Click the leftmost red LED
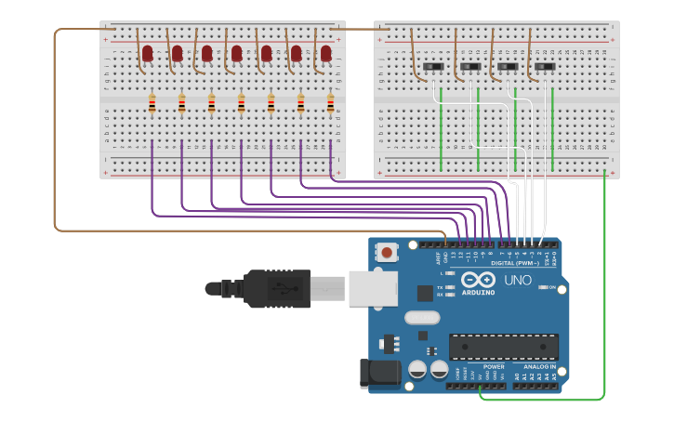[x=147, y=54]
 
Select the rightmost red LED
[x=325, y=54]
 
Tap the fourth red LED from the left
[x=236, y=54]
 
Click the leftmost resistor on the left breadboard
[x=152, y=105]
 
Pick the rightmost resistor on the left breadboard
[x=330, y=105]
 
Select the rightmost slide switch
[x=545, y=67]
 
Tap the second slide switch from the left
[x=470, y=67]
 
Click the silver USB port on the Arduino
[x=373, y=288]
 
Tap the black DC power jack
[x=380, y=375]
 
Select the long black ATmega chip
[x=504, y=347]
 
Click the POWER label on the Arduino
[x=494, y=366]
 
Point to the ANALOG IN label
[x=539, y=366]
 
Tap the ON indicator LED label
[x=552, y=287]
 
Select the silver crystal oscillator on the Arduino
[x=422, y=318]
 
